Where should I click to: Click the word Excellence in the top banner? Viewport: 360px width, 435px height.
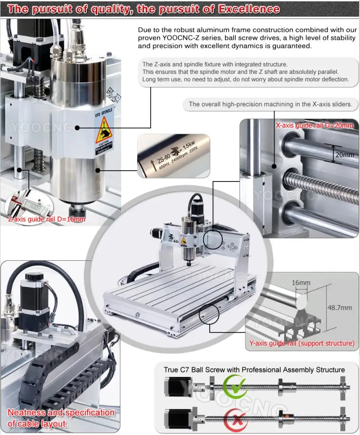248,9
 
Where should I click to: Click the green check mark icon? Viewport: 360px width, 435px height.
234,386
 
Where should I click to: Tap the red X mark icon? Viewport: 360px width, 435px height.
234,418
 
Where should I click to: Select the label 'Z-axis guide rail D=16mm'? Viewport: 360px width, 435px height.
47,219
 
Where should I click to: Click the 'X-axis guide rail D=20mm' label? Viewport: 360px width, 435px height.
314,125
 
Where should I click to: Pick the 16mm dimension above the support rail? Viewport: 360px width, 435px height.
301,283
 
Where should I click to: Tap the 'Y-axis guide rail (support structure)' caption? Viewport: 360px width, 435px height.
302,343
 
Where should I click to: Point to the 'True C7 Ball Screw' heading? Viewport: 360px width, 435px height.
254,370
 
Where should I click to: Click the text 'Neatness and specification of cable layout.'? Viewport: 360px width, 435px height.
61,418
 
